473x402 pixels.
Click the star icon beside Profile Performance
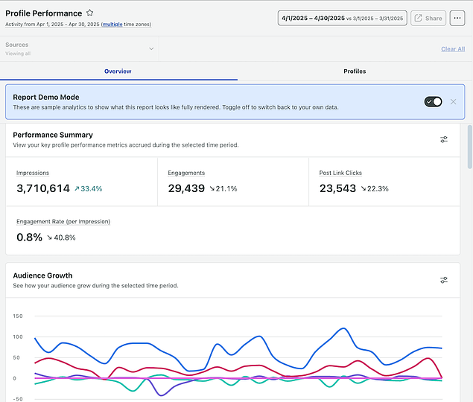[x=90, y=13]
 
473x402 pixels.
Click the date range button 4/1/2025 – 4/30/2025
[x=342, y=18]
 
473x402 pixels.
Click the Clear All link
[x=452, y=49]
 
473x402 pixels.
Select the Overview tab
[x=118, y=71]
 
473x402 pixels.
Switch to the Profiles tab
[x=355, y=71]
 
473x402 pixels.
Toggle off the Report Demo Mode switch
[x=433, y=101]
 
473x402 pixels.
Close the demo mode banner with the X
[x=453, y=101]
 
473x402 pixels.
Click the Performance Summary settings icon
[x=444, y=139]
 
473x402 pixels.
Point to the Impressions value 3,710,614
[x=43, y=188]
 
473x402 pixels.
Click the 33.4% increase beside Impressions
[x=88, y=189]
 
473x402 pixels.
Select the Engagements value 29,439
[x=186, y=188]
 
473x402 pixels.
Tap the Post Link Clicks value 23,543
[x=337, y=188]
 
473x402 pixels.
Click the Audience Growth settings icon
[x=444, y=280]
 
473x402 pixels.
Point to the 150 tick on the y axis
[x=19, y=316]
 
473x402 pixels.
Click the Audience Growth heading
[x=42, y=275]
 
